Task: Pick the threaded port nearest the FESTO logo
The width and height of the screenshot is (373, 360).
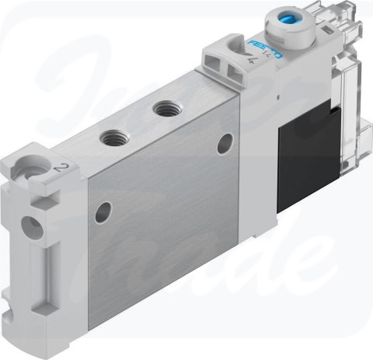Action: (165, 109)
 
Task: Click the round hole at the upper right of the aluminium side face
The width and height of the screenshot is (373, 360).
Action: (226, 142)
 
